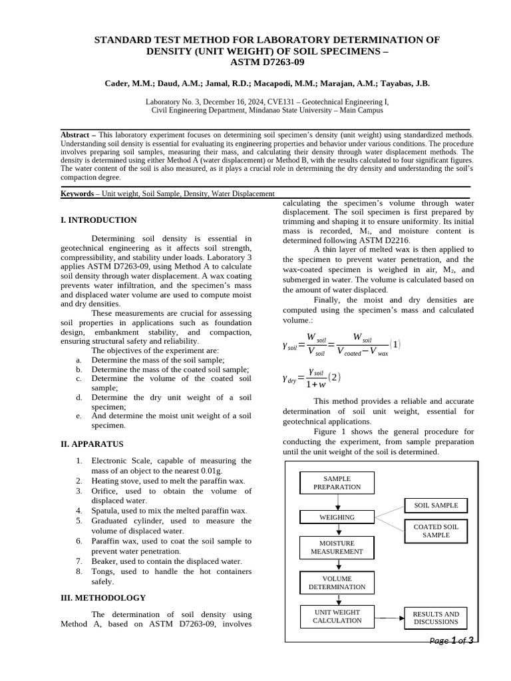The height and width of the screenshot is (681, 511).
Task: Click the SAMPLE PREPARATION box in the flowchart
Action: coord(337,483)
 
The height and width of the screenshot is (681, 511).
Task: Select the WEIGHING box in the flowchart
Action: coord(337,517)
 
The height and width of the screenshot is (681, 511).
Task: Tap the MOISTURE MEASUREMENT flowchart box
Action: coord(337,547)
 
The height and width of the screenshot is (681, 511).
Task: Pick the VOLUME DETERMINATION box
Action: coord(337,583)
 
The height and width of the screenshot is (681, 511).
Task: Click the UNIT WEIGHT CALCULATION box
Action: coord(337,616)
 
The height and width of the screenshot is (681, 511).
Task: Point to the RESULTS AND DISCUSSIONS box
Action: coord(436,618)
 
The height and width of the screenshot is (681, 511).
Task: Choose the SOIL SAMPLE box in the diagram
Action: coord(436,505)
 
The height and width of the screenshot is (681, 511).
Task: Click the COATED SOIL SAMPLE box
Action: coord(436,531)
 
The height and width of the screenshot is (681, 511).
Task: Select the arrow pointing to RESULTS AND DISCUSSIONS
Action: coord(390,618)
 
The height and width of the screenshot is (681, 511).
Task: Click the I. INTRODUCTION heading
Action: coord(98,220)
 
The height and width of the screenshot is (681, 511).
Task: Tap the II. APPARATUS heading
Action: coord(92,444)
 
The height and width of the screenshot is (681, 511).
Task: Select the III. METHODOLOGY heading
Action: coord(103,598)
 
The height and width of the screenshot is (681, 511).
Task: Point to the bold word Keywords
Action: coord(77,194)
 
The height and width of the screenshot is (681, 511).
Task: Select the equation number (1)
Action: coord(395,344)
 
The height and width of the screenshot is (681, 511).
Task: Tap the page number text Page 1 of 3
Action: coord(452,641)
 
